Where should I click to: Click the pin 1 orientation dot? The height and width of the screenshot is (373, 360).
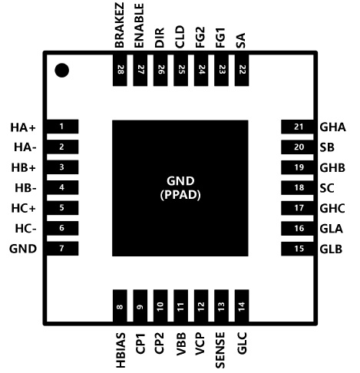click(62, 70)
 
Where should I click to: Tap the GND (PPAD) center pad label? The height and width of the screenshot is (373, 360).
click(180, 188)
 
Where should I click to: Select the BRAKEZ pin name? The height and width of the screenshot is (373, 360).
click(120, 25)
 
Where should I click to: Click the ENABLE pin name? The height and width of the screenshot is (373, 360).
click(140, 25)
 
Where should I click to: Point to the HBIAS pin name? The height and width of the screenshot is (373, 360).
click(121, 350)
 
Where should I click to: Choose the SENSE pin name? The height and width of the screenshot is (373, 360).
click(220, 350)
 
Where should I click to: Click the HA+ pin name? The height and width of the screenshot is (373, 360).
click(23, 127)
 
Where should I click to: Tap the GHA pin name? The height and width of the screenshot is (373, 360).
click(332, 127)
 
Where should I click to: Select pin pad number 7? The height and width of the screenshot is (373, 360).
click(62, 249)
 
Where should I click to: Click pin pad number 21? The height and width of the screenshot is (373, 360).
click(297, 127)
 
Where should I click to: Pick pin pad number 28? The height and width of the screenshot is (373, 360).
click(120, 70)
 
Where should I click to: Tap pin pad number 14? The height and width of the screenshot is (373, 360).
click(242, 305)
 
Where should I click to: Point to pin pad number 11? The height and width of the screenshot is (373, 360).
click(181, 305)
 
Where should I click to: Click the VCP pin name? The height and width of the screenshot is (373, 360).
click(200, 344)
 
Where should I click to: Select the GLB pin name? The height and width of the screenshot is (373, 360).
click(331, 249)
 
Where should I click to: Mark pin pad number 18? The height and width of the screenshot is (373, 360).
click(297, 187)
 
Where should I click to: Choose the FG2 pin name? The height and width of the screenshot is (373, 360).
click(200, 37)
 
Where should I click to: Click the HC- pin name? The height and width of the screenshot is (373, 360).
click(25, 229)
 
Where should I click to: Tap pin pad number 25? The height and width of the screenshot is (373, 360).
click(181, 70)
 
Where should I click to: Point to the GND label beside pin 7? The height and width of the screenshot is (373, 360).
click(23, 249)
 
